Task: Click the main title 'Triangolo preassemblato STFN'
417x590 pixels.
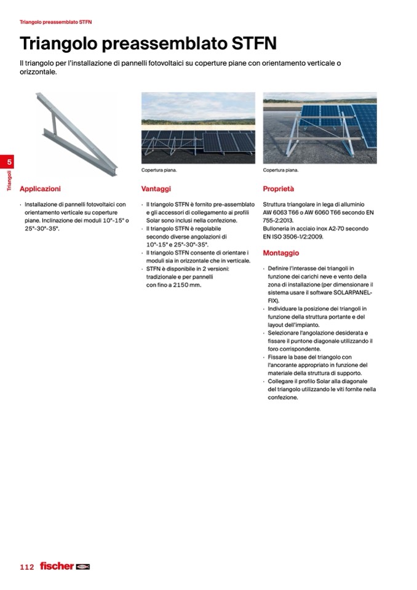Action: point(148,44)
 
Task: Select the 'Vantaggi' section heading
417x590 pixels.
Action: point(156,189)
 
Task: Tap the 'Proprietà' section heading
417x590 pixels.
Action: point(278,189)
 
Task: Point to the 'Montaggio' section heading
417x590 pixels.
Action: point(280,253)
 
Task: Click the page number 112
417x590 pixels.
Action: point(26,566)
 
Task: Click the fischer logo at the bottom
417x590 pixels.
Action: point(65,565)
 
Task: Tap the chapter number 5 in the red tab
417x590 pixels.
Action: point(9,162)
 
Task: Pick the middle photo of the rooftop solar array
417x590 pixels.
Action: point(198,128)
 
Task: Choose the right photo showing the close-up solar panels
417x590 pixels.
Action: point(319,128)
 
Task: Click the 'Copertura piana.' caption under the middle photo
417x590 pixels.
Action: point(159,170)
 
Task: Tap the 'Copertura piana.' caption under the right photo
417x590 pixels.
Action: point(280,170)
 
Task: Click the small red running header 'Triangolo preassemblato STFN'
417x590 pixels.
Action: point(55,22)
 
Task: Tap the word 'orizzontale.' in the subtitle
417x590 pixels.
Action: point(38,72)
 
